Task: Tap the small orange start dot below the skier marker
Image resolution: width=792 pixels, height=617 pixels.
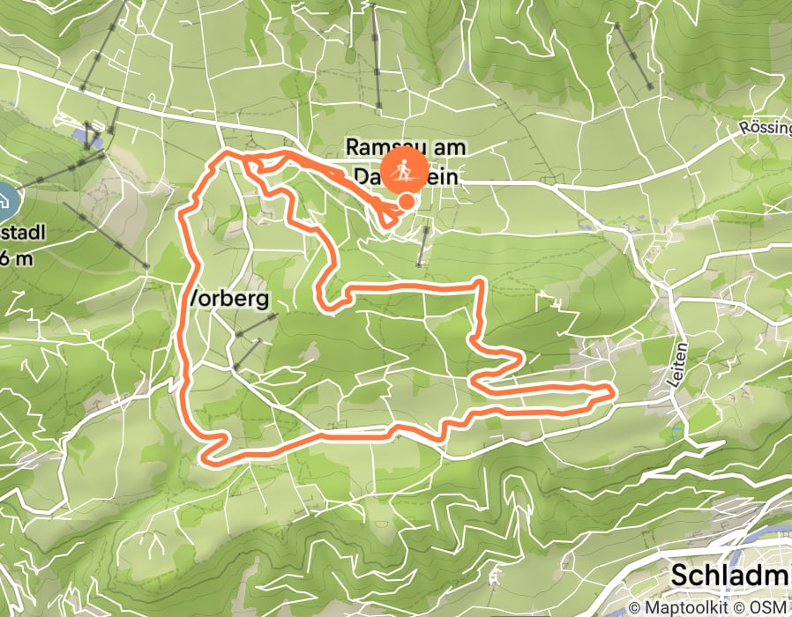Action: click(x=407, y=202)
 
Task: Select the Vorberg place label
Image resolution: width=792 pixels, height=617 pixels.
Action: click(x=228, y=299)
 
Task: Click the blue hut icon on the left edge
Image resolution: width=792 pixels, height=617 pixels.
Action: click(x=4, y=202)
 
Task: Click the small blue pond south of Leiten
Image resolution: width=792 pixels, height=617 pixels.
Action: click(x=676, y=431)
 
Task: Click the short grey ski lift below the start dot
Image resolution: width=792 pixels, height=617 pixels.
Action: click(x=423, y=245)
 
